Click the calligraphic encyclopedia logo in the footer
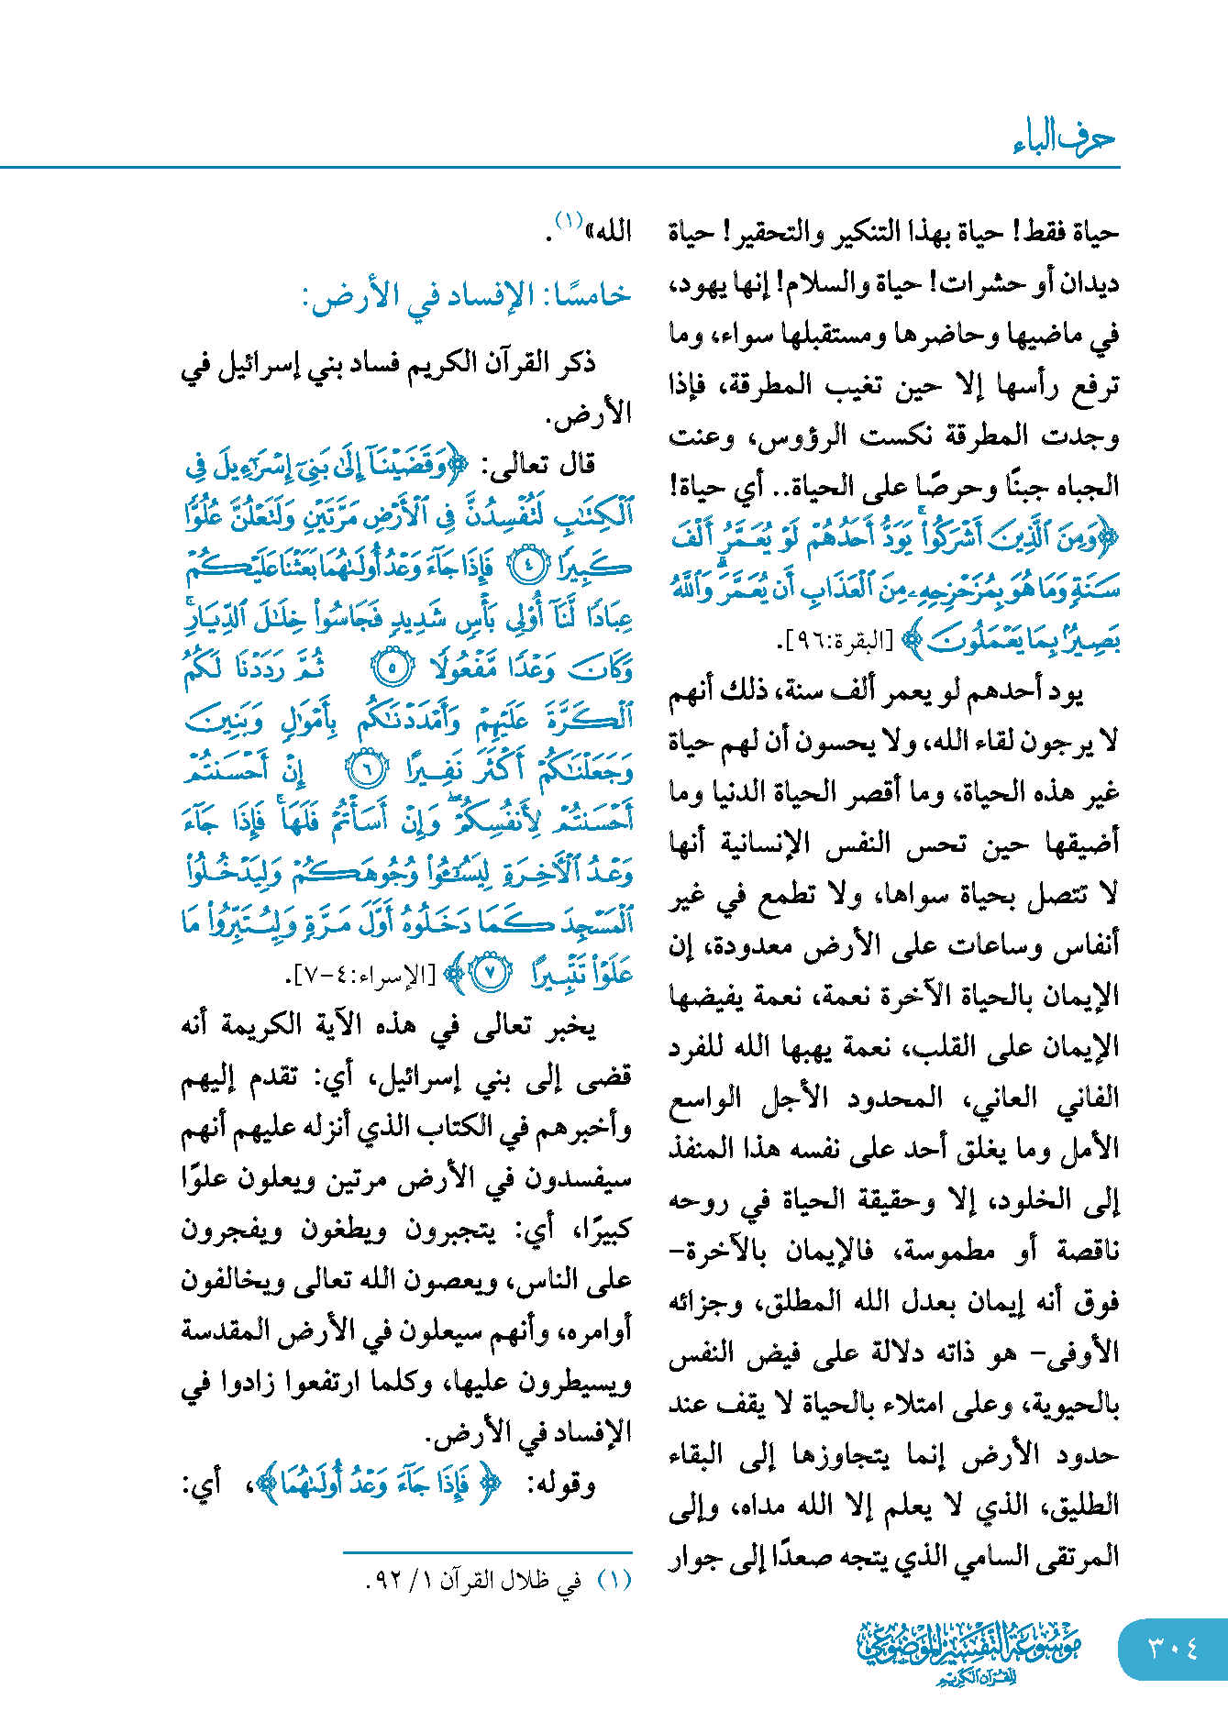point(968,1651)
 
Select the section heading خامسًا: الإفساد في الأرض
point(467,295)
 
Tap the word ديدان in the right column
point(1087,283)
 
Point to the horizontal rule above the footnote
point(488,1552)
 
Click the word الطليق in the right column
point(1083,1505)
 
